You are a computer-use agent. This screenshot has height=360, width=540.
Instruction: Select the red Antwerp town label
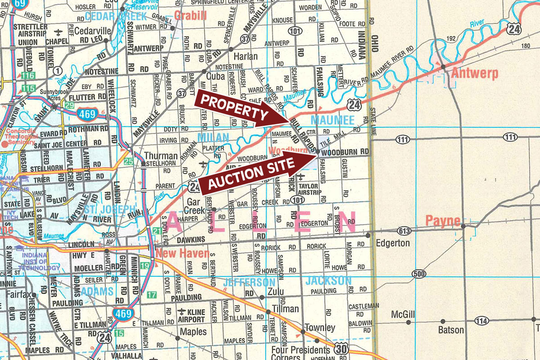474,74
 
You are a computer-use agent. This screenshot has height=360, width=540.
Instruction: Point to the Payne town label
443,221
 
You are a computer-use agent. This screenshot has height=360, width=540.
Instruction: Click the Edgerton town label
393,243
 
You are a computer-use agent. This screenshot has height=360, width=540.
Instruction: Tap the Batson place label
451,330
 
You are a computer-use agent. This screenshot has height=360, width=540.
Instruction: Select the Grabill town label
190,16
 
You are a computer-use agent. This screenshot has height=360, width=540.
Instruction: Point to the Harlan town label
246,57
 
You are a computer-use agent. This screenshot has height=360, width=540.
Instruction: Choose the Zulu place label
276,292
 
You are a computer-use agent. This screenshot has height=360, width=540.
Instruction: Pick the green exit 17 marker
152,295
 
